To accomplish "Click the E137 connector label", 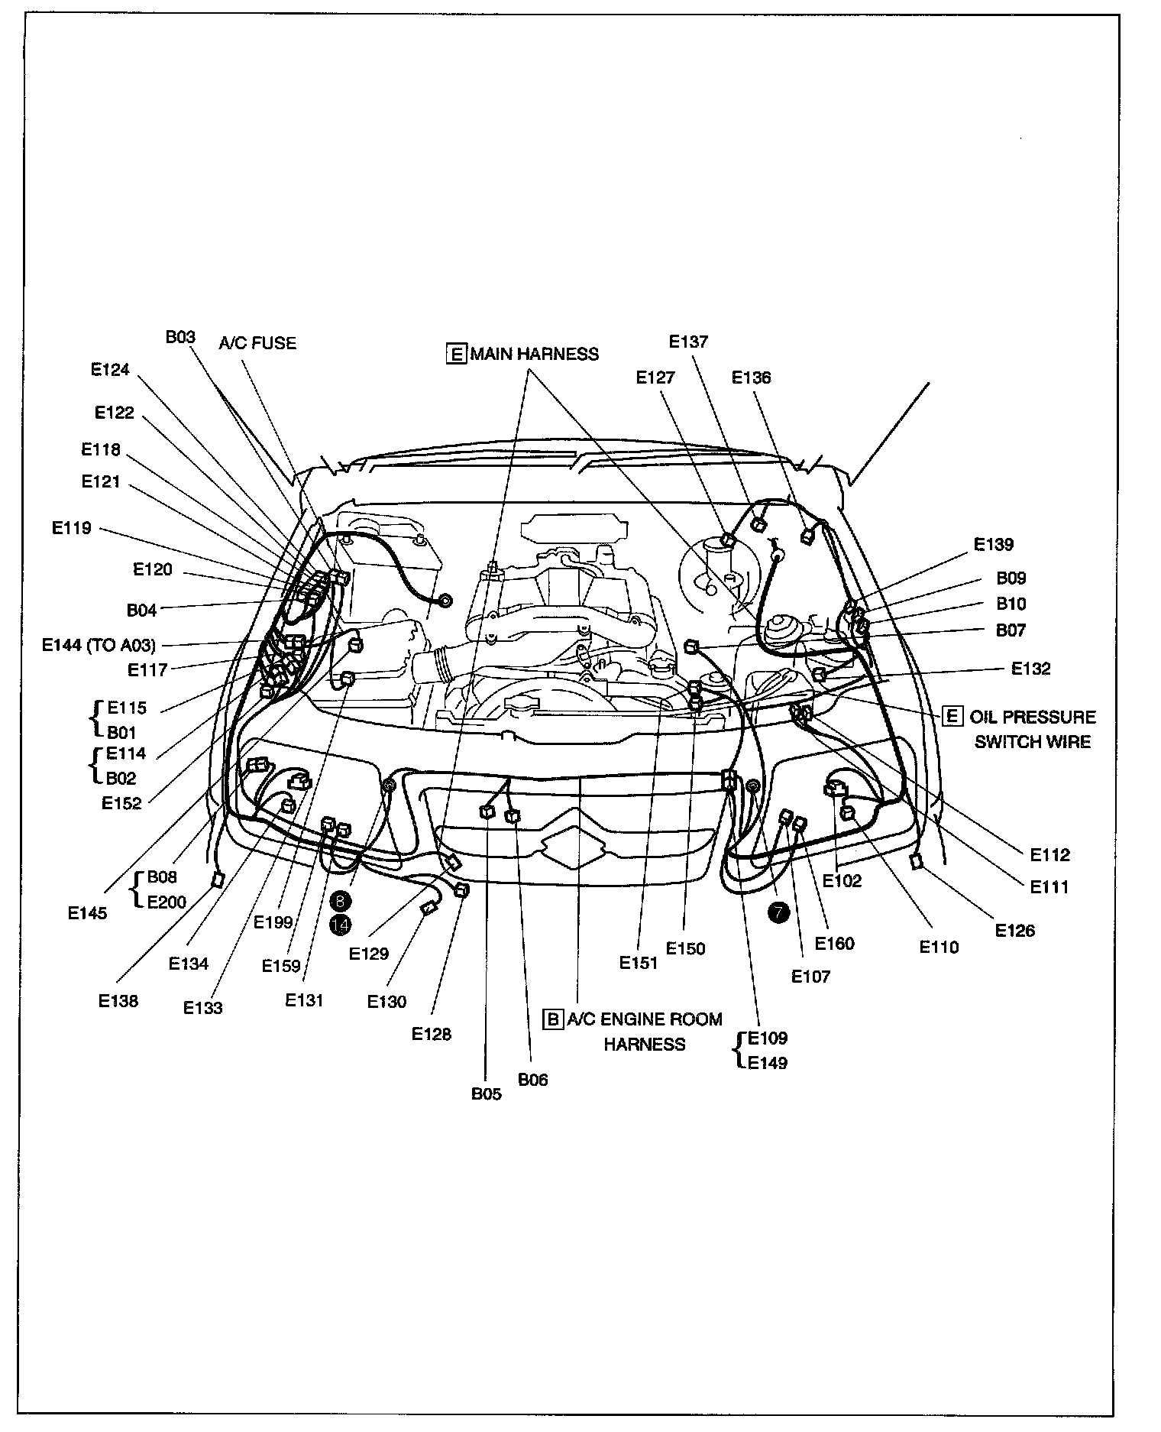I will tap(688, 342).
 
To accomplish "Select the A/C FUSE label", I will tap(257, 343).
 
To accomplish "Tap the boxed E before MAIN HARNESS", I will tap(456, 354).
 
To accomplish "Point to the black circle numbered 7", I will tap(778, 911).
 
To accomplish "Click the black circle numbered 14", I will tap(340, 925).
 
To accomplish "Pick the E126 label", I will tap(1015, 930).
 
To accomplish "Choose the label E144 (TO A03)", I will tap(99, 645).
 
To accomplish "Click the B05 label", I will tap(486, 1093).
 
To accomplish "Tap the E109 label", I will tap(767, 1038).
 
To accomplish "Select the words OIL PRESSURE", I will tap(1032, 717).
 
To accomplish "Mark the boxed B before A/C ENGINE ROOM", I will tap(552, 1019).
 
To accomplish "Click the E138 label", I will tap(118, 1000).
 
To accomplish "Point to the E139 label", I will tap(993, 544).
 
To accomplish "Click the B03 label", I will tap(180, 337).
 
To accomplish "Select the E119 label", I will tap(71, 527).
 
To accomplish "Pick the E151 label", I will tap(639, 963).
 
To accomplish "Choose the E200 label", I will tap(166, 902).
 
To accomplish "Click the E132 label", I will tap(1030, 669).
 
